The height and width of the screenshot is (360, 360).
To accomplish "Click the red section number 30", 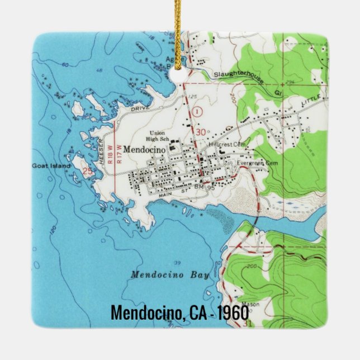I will (x=201, y=132).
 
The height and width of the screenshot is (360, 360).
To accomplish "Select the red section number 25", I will (x=87, y=172).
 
